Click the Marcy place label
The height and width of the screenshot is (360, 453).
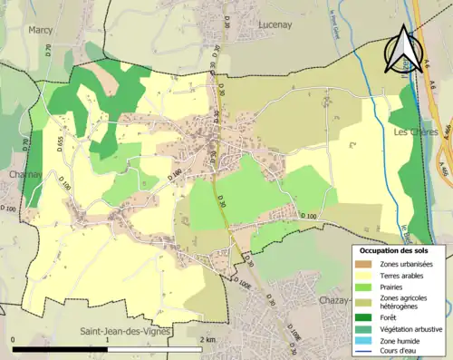point(41,29)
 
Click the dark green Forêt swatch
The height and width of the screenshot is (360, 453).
point(364,317)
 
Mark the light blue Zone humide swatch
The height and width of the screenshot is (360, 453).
point(364,340)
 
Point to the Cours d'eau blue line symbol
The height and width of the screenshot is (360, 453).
point(364,352)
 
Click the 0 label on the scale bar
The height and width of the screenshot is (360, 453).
point(14,339)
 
